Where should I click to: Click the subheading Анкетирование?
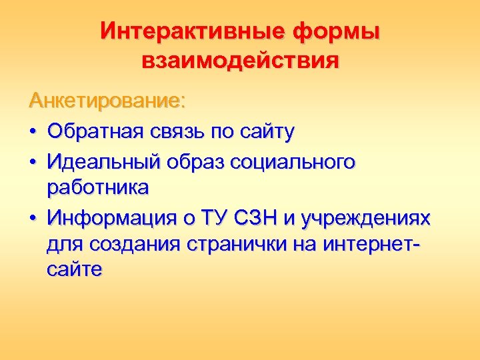pos(107,101)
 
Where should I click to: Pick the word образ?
pos(197,161)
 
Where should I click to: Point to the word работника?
pos(98,189)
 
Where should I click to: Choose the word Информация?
pos(107,218)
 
